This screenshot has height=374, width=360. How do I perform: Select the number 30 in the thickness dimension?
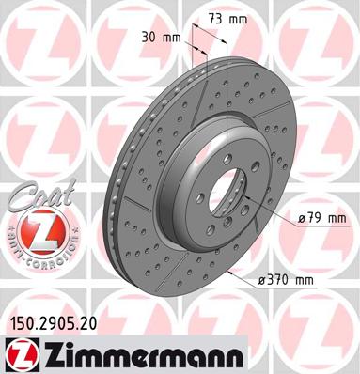click(x=151, y=39)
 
